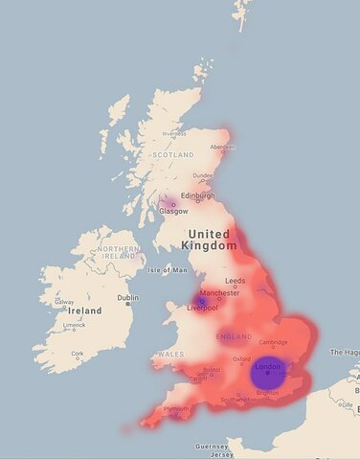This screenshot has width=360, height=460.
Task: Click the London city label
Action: coord(267,366)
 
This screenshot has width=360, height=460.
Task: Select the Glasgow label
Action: coord(174,211)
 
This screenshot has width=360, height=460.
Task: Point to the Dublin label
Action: coord(127,298)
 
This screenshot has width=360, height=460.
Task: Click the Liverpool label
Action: coord(203,309)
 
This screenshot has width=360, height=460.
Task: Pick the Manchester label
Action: coord(220,292)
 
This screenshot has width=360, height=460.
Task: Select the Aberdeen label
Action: coord(223,147)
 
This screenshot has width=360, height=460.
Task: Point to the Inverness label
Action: coord(173,133)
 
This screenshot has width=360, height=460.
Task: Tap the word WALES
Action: coord(171,354)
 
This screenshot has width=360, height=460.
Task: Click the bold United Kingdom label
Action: coord(210,240)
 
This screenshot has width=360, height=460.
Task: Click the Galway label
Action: coord(64,302)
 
